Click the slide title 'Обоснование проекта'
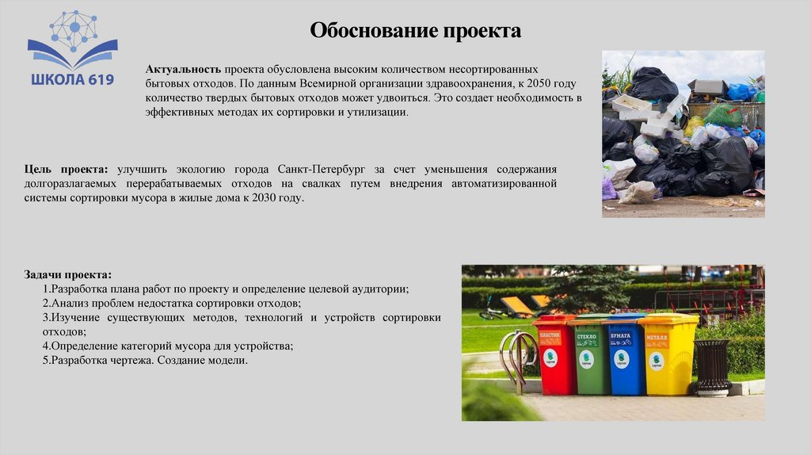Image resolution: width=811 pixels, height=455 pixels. (x=415, y=31)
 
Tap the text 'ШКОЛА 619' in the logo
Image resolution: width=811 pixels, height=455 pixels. (x=72, y=79)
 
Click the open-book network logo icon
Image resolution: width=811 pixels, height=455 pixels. (x=72, y=40)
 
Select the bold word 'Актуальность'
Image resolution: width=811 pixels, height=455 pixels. (x=182, y=70)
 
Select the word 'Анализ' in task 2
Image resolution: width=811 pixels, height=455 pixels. (x=69, y=303)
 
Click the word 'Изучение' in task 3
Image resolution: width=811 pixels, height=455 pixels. (x=74, y=317)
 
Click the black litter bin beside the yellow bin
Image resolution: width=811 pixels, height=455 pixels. (x=712, y=366)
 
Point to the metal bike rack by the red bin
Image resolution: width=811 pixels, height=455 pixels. (x=516, y=357)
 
